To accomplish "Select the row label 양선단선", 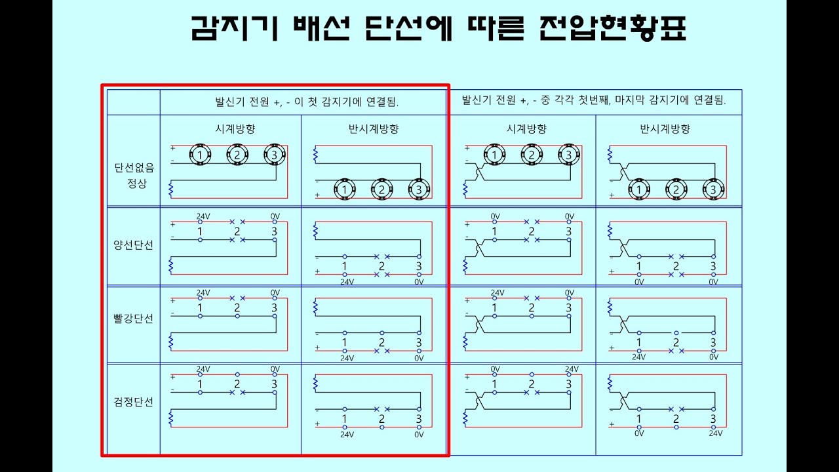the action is tap(134, 245).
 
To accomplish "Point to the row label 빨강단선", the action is tap(134, 319).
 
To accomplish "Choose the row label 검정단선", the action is tap(134, 402).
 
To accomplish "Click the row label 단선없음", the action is tap(134, 167).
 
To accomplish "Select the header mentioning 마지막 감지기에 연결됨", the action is tap(594, 100).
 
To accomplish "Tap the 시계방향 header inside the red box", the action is tap(231, 129).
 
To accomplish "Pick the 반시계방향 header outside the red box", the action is tap(665, 129).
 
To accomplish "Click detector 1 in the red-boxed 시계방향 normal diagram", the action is tap(199, 155).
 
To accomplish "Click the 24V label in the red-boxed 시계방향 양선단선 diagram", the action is tap(203, 216).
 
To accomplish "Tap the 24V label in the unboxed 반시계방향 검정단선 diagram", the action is tap(716, 433).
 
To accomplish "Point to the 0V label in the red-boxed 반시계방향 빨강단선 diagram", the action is tap(419, 359).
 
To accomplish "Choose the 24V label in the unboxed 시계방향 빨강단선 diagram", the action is tap(498, 293).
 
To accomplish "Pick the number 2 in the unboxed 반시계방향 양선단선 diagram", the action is tap(676, 266).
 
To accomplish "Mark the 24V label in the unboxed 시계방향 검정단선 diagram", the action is tap(572, 369).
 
